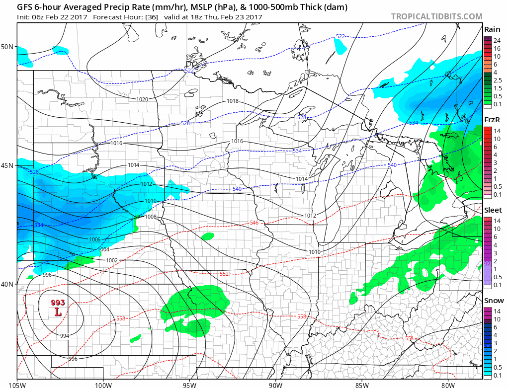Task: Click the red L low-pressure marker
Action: pos(58,312)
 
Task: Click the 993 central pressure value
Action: pos(58,303)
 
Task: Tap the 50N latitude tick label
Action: pos(7,47)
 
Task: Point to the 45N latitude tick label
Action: pos(7,165)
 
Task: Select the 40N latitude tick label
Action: pos(7,284)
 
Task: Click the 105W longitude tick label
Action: pos(17,384)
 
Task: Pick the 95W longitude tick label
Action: pos(189,384)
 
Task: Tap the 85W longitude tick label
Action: pos(361,384)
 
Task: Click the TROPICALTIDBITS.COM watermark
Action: pos(436,16)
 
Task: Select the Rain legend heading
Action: pos(493,29)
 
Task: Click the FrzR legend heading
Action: pos(493,120)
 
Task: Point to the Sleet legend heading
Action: pos(493,210)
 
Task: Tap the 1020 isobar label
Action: pos(142,99)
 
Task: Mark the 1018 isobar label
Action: pos(233,101)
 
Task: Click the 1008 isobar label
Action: pos(151,217)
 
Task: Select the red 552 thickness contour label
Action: pos(224,274)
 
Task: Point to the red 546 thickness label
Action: pos(254,223)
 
